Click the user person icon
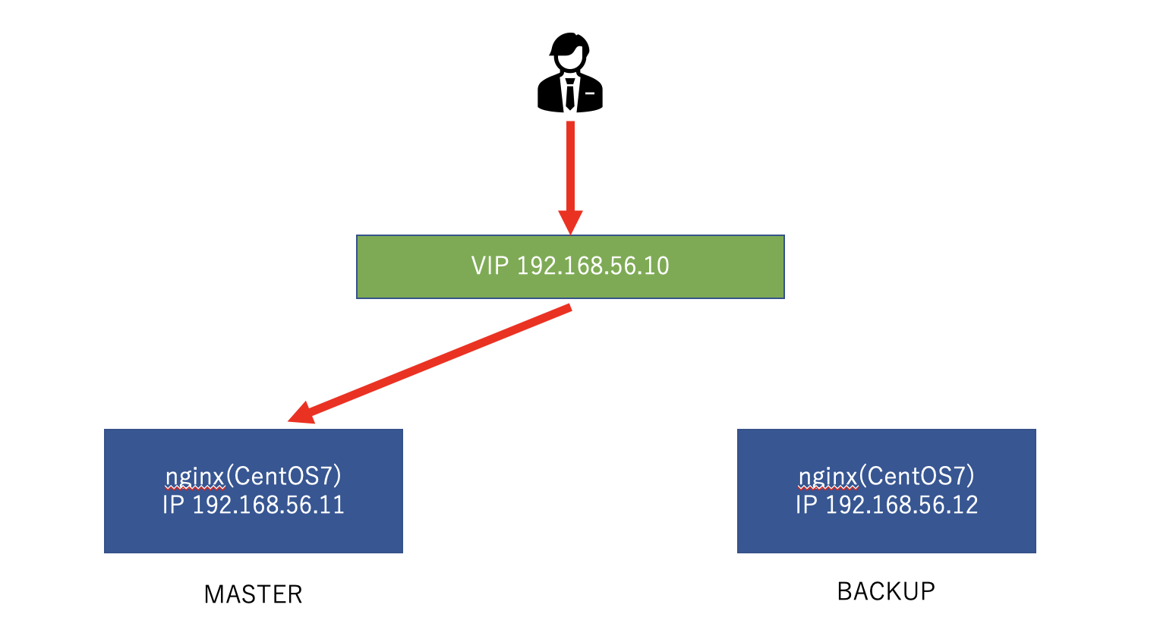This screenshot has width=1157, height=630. [x=569, y=74]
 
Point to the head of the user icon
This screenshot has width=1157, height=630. [x=569, y=50]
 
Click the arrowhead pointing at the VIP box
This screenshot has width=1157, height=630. [x=570, y=221]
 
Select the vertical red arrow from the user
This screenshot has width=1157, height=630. [x=570, y=167]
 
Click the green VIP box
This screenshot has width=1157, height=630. [x=570, y=266]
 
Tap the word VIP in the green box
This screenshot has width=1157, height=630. [x=490, y=266]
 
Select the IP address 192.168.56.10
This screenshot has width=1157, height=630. [x=593, y=266]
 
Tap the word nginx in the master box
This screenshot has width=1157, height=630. [x=195, y=477]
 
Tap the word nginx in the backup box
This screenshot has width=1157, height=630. [x=828, y=477]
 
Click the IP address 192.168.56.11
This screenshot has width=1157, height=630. [x=268, y=506]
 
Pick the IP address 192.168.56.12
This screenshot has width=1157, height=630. [x=901, y=506]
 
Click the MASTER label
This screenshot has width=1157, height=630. [x=253, y=594]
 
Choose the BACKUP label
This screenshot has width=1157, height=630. [x=886, y=591]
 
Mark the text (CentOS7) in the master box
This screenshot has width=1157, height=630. [x=284, y=477]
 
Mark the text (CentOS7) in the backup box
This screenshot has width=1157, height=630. [x=917, y=477]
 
